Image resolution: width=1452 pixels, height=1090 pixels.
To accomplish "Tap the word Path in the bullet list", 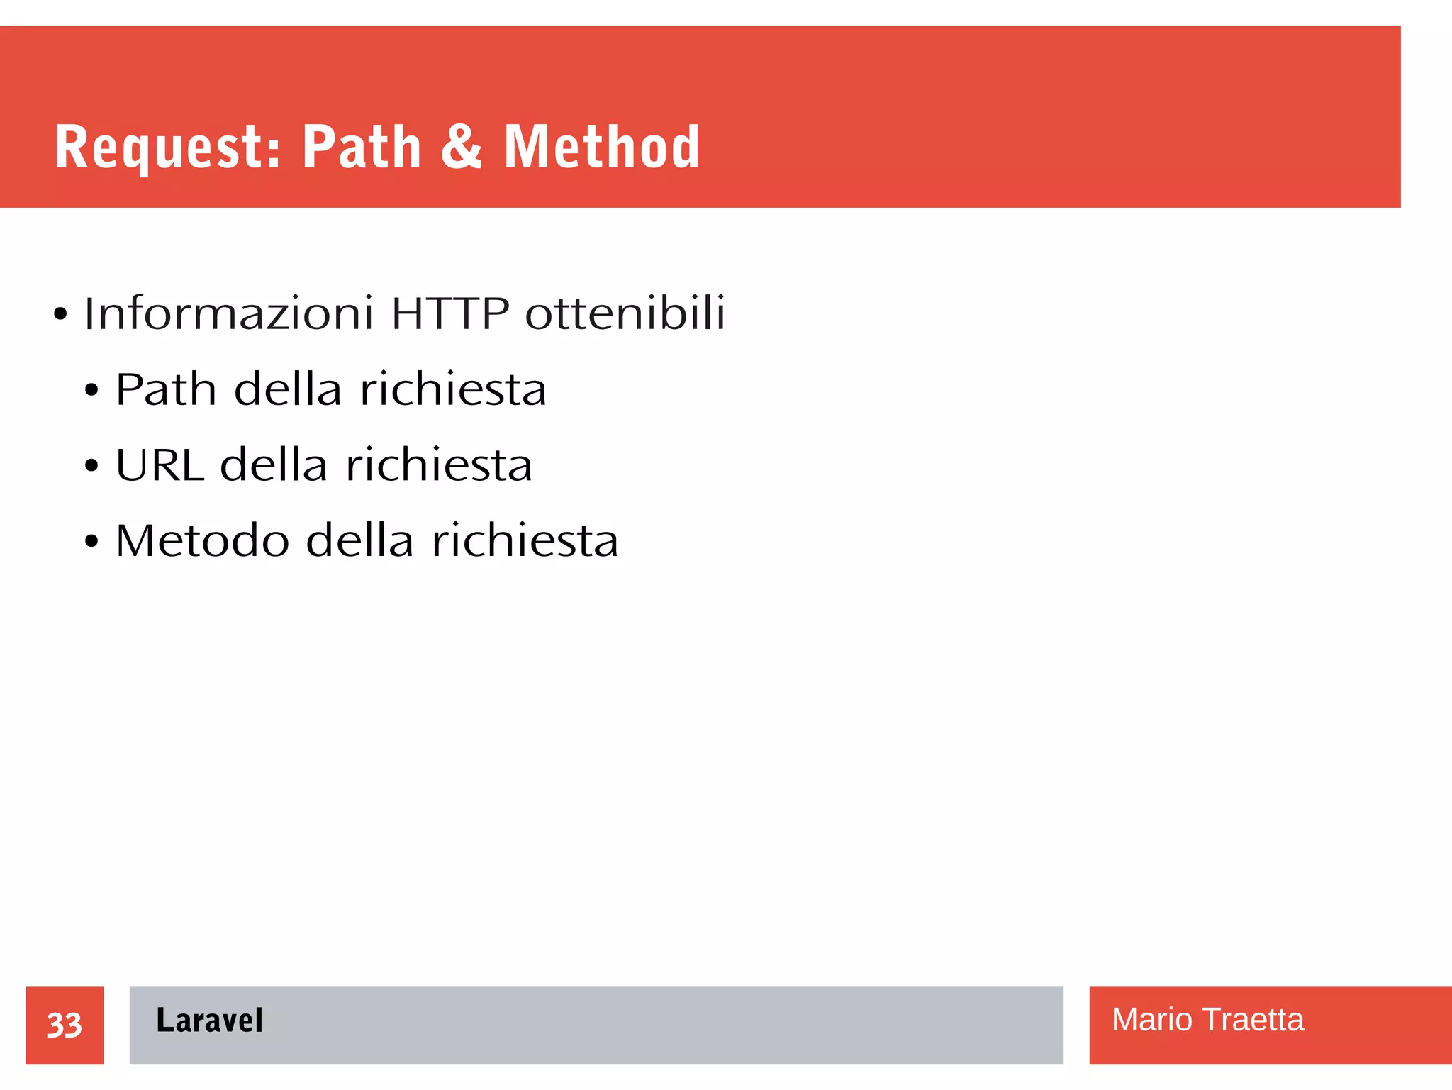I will [x=166, y=389].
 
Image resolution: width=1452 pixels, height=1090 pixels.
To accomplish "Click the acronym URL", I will [x=160, y=465].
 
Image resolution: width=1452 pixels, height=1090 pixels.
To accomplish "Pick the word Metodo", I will [x=203, y=541].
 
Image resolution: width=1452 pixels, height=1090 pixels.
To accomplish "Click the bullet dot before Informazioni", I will [x=60, y=314].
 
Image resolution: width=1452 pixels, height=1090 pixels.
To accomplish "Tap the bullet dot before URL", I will [x=91, y=467].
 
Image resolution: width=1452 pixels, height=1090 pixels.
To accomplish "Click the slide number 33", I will [x=65, y=1025].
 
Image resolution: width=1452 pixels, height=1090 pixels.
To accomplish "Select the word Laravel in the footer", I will [x=209, y=1021].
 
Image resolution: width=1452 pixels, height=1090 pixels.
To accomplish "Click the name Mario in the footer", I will [x=1151, y=1020].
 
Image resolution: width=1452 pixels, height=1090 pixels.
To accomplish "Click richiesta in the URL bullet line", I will [x=439, y=465].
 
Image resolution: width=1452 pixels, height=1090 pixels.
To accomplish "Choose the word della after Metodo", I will [x=359, y=541].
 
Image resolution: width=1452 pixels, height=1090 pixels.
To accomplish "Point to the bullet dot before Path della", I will [x=91, y=391].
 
